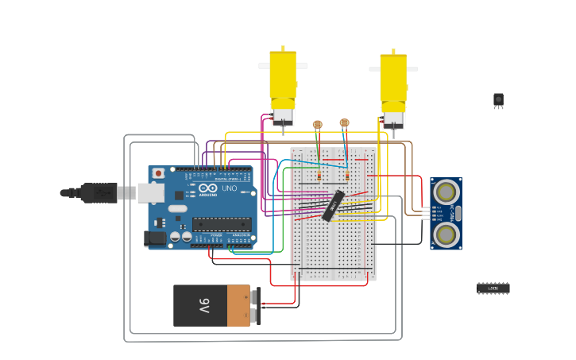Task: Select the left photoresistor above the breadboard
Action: pos(317,124)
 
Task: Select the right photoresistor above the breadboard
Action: pos(344,122)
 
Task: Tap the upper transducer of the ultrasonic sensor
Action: pos(446,192)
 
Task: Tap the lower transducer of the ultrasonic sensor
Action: pos(446,234)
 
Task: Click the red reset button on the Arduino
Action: pos(158,173)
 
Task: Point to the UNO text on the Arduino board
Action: pos(228,188)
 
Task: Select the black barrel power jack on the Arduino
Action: pos(154,238)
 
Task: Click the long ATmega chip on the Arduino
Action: pos(222,224)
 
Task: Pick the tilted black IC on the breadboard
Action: pos(333,205)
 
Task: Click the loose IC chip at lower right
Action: pos(493,288)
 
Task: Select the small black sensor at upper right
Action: pos(498,99)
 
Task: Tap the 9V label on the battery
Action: pos(204,306)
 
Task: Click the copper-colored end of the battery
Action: pos(238,306)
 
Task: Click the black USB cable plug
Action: pos(99,192)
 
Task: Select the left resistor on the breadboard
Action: pos(319,176)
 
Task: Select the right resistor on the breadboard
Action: pos(347,176)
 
